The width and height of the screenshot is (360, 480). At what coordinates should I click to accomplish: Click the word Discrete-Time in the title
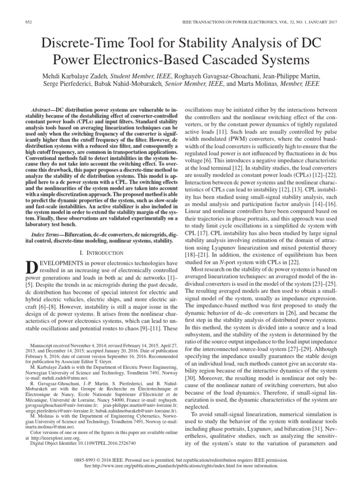pyautogui.click(x=78, y=44)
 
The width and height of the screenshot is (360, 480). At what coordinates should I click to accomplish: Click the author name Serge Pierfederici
pyautogui.click(x=59, y=85)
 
